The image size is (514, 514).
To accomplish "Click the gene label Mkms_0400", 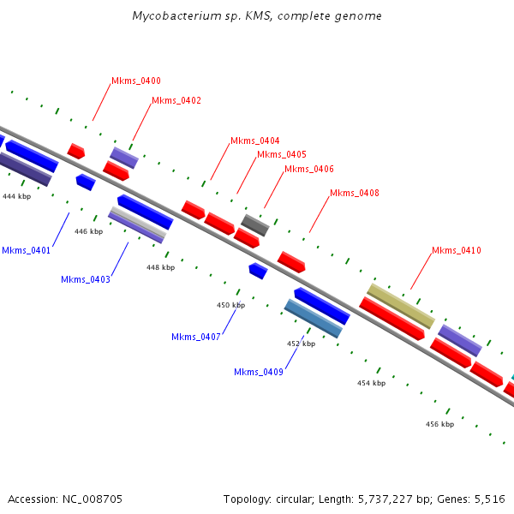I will pos(136,81).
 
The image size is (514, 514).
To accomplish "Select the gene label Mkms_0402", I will pos(176,101).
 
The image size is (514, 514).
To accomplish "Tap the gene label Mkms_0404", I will pos(255,141).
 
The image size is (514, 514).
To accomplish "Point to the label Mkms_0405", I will pos(282,155).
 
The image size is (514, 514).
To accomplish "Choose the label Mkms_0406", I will pos(309,170).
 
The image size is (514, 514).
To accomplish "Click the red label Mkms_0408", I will pos(355,194).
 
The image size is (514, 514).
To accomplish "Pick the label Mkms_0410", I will pos(457,251).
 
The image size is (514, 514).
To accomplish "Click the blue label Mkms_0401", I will pos(27,251).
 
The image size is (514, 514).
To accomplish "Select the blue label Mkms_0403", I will pos(86,280).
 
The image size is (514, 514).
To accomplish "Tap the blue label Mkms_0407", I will pos(196,338).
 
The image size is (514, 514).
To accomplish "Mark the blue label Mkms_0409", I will pos(259,372).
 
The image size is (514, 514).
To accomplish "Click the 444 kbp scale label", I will pos(17,197).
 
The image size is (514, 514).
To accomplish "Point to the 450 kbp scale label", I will pos(230,305).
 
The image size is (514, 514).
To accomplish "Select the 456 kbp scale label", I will pos(439,424).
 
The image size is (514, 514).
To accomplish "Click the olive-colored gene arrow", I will pos(401,306).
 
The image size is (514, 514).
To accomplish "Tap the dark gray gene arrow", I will pos(255,225).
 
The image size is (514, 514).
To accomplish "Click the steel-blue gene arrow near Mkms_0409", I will pos(314,319).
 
